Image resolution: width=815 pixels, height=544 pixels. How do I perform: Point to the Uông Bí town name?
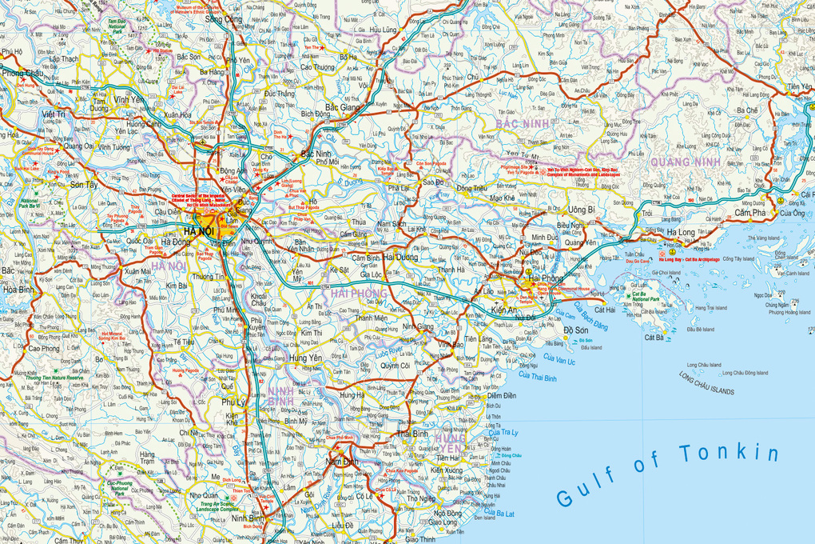coord(582,210)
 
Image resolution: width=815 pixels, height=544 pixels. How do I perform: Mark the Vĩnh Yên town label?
coord(129,100)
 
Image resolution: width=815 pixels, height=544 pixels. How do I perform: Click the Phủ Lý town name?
coord(234,402)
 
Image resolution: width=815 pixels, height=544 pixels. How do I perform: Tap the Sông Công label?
coord(223,19)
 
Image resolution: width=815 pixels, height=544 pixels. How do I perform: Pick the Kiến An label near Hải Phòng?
coord(505,309)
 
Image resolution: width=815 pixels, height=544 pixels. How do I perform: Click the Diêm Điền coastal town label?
coord(501,395)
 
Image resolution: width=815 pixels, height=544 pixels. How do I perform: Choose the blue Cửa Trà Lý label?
coord(504,433)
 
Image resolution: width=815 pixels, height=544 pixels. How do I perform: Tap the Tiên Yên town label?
coord(799,86)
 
